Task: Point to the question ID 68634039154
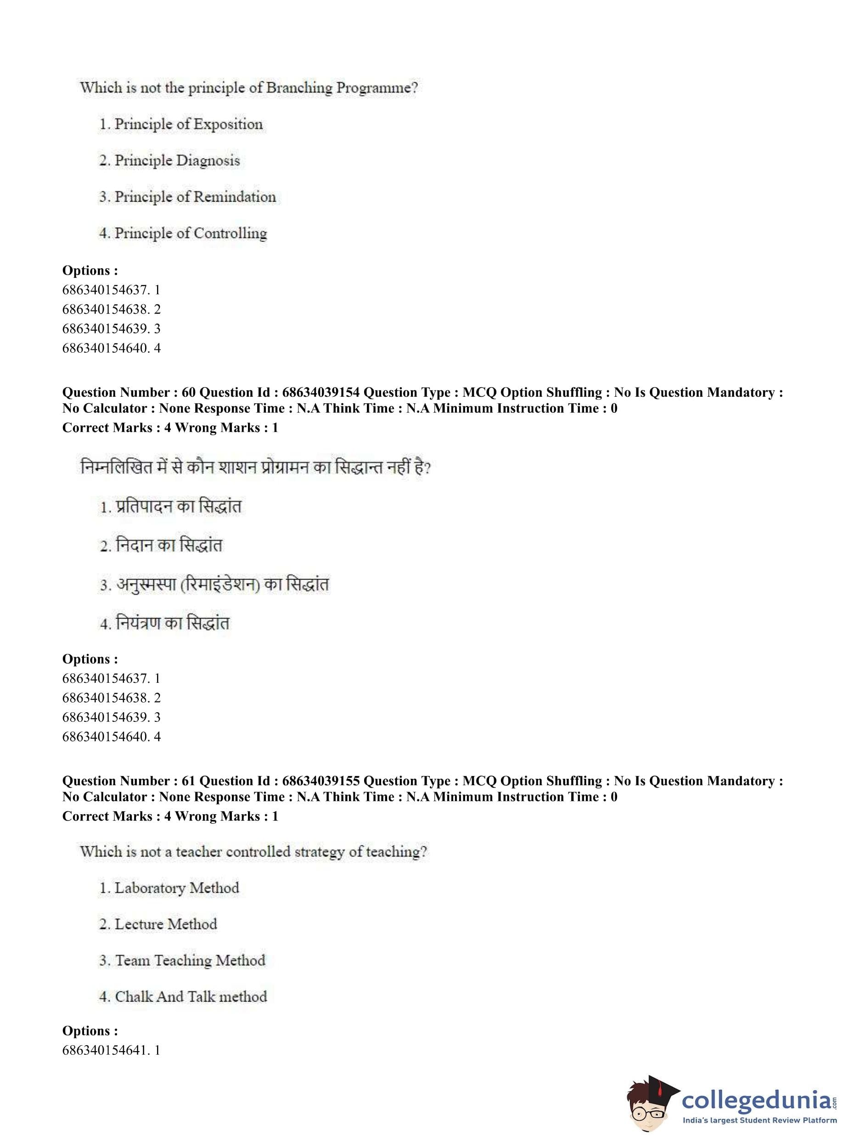320,393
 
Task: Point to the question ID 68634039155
320,781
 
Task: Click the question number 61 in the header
188,781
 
